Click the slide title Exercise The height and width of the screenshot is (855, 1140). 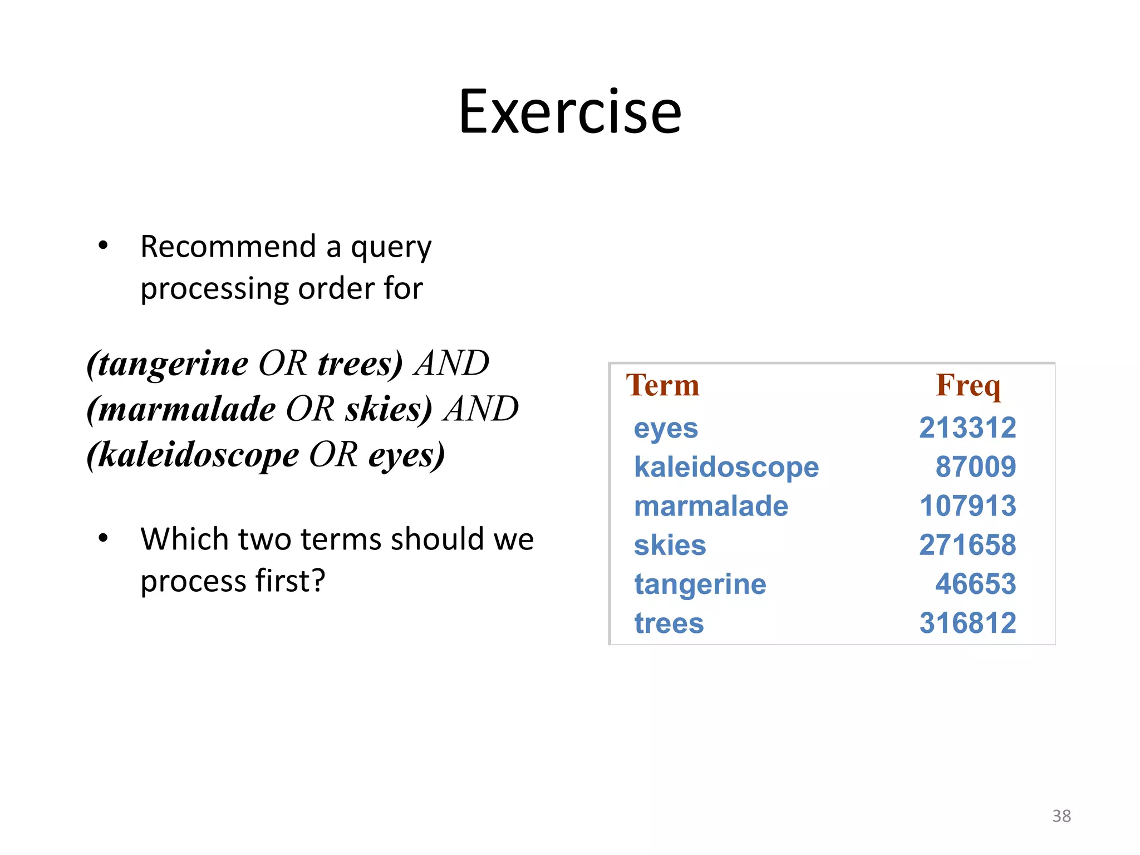click(x=569, y=112)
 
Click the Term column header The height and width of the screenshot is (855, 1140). click(x=662, y=385)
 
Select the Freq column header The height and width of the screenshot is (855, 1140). click(x=968, y=385)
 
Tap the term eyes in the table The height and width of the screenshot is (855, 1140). click(x=666, y=429)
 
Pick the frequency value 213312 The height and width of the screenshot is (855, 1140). click(x=967, y=428)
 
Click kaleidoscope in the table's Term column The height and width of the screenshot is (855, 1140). click(x=726, y=467)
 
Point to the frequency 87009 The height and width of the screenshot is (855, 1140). click(x=975, y=467)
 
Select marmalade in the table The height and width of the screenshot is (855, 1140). click(x=711, y=506)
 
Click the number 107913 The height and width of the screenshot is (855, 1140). click(x=967, y=506)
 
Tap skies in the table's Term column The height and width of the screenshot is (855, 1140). click(x=670, y=545)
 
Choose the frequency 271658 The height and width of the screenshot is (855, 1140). click(x=967, y=545)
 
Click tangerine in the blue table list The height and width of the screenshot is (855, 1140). click(x=700, y=584)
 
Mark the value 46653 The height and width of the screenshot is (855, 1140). click(x=975, y=584)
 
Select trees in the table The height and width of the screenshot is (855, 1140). click(x=669, y=623)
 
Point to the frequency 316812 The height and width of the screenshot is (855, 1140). click(x=967, y=623)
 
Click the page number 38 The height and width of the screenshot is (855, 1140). click(x=1061, y=816)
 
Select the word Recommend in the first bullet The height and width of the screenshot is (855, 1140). click(x=228, y=247)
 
